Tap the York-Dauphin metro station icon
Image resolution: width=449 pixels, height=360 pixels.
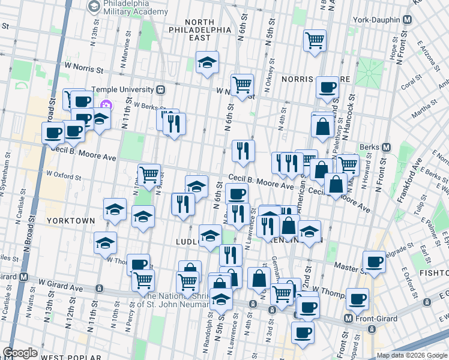[x=408, y=20]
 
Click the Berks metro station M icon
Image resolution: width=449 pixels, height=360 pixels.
[x=386, y=147]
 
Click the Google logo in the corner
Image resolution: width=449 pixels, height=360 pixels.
[x=20, y=353]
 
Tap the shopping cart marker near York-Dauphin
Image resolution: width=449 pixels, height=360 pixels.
[x=315, y=41]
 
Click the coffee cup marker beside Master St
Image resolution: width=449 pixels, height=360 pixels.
[x=375, y=262]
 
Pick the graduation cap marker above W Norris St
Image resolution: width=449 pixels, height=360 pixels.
[x=207, y=62]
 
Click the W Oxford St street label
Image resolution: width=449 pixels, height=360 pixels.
[x=64, y=176]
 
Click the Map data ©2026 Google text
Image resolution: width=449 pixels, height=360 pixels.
[x=411, y=356]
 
